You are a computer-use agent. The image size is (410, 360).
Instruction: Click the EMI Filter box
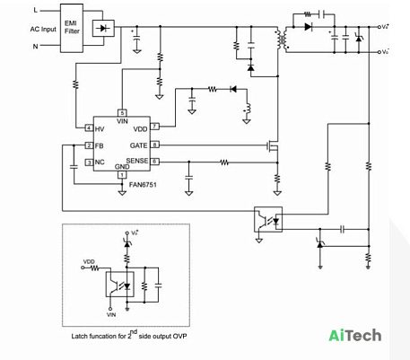pos(72,28)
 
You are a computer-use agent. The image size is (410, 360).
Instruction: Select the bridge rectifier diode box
pos(103,28)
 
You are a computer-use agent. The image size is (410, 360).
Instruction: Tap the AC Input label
pos(43,29)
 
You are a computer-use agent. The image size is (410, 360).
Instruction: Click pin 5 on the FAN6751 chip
pos(122,113)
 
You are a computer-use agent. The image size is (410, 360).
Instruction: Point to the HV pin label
pos(100,129)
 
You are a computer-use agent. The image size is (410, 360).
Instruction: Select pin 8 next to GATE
pos(154,145)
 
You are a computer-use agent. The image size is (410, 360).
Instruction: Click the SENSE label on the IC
pos(137,161)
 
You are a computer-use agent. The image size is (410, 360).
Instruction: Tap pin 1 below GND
pos(122,174)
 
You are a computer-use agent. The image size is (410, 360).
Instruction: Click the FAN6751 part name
pos(143,185)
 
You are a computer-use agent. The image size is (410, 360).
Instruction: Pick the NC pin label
pos(100,162)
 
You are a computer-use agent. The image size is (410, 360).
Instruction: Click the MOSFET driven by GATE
pos(273,146)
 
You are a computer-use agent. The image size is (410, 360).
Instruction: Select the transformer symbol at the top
pos(282,40)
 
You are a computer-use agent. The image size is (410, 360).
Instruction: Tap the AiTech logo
pos(355,336)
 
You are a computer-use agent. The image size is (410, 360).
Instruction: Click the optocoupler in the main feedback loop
pos(268,219)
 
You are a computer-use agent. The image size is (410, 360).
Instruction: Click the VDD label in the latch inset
pos(89,262)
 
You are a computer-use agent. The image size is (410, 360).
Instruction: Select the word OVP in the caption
pos(180,336)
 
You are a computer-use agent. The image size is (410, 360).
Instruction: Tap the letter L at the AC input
pos(36,10)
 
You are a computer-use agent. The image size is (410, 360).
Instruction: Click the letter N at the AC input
pos(35,46)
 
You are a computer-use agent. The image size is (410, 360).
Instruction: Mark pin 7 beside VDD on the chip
pos(154,127)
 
